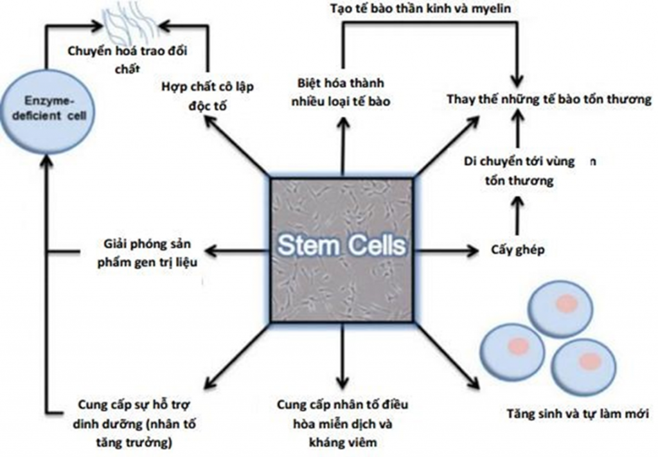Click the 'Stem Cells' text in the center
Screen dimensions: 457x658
click(342, 246)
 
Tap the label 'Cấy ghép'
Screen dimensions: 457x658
click(517, 250)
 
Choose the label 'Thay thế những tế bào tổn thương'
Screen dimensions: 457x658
click(549, 100)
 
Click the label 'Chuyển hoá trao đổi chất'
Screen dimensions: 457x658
click(131, 58)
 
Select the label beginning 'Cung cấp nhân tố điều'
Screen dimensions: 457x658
click(342, 424)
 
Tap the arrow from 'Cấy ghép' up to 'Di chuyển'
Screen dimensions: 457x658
click(517, 215)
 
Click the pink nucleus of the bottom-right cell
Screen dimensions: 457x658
click(587, 361)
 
